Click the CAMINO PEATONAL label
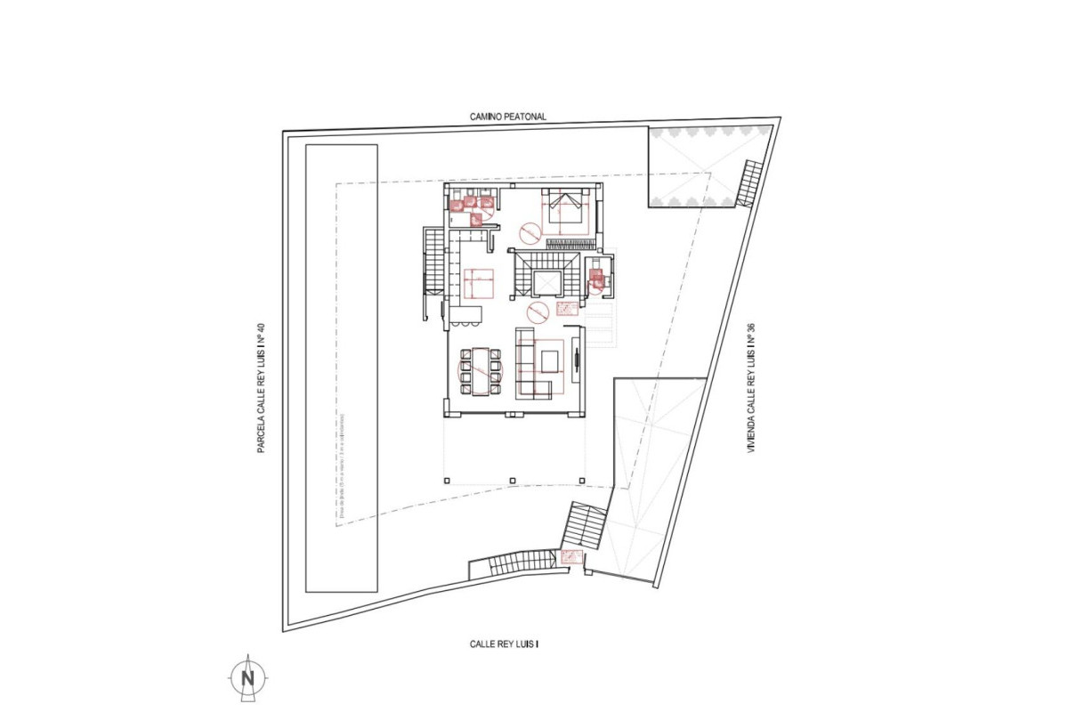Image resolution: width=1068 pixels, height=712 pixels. [509, 117]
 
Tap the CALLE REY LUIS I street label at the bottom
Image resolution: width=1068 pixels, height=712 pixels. [505, 643]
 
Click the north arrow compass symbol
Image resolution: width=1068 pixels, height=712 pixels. [247, 678]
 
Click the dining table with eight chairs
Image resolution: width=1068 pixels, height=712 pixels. [480, 370]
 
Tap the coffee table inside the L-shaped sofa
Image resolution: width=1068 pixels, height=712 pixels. [549, 360]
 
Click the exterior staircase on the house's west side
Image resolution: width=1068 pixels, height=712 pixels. [433, 261]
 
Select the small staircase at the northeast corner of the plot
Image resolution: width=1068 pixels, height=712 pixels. [750, 183]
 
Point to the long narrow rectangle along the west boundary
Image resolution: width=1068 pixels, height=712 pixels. [342, 368]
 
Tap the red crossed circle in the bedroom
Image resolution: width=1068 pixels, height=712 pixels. [529, 233]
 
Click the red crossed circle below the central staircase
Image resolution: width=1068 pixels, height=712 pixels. [537, 311]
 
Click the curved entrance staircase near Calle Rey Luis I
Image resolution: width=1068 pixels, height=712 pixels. [516, 562]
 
